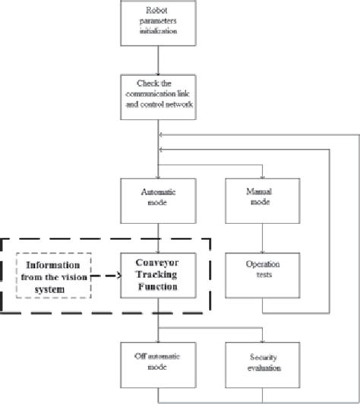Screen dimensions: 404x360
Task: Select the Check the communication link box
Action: pos(159,98)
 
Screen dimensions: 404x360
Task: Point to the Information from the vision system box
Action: pos(53,276)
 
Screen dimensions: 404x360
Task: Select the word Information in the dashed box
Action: pos(53,265)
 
